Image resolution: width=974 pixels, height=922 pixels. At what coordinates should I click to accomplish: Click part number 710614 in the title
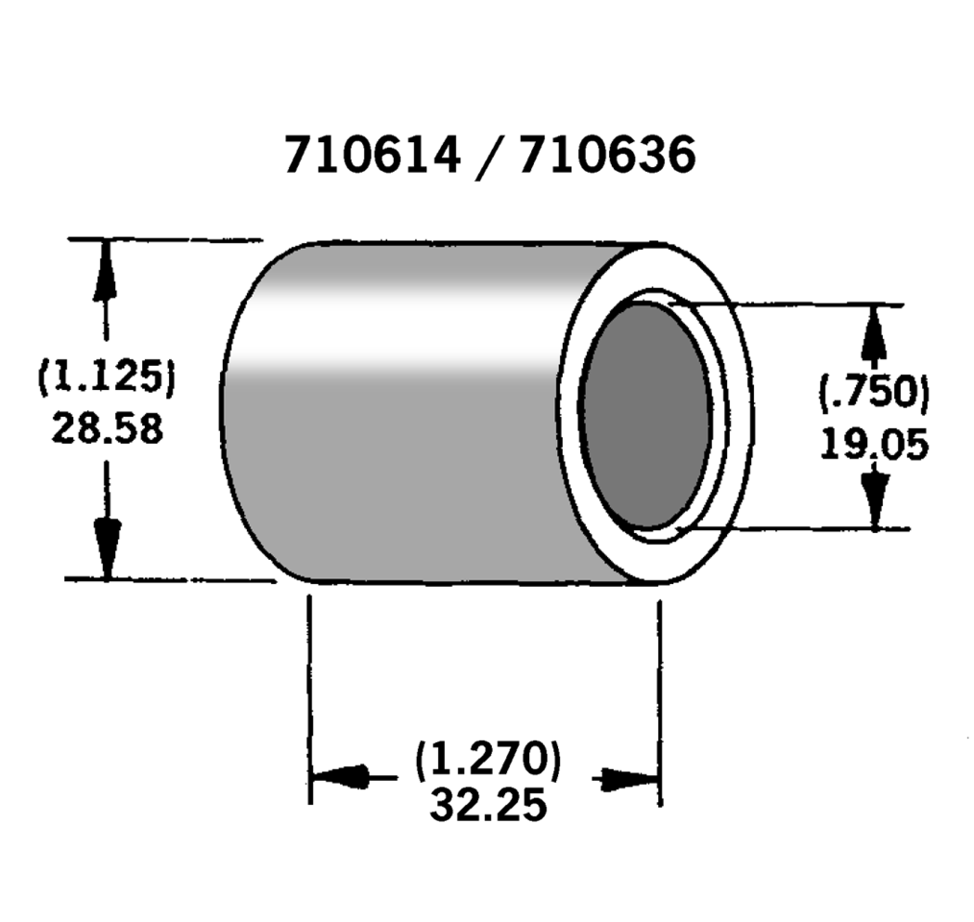(x=373, y=155)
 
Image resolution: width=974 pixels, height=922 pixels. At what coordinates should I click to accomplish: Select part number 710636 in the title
(x=607, y=155)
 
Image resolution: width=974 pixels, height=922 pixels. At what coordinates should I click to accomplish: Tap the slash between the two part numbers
(x=490, y=158)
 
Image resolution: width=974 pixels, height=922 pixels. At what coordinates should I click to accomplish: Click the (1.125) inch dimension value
(x=107, y=376)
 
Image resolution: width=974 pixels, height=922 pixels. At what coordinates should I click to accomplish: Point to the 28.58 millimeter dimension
(x=108, y=428)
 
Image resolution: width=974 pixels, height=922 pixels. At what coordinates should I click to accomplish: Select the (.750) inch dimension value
(x=874, y=393)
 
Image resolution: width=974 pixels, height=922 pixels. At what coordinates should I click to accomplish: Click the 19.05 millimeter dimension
(x=874, y=445)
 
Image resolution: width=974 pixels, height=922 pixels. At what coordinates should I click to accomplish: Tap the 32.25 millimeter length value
(x=488, y=805)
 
